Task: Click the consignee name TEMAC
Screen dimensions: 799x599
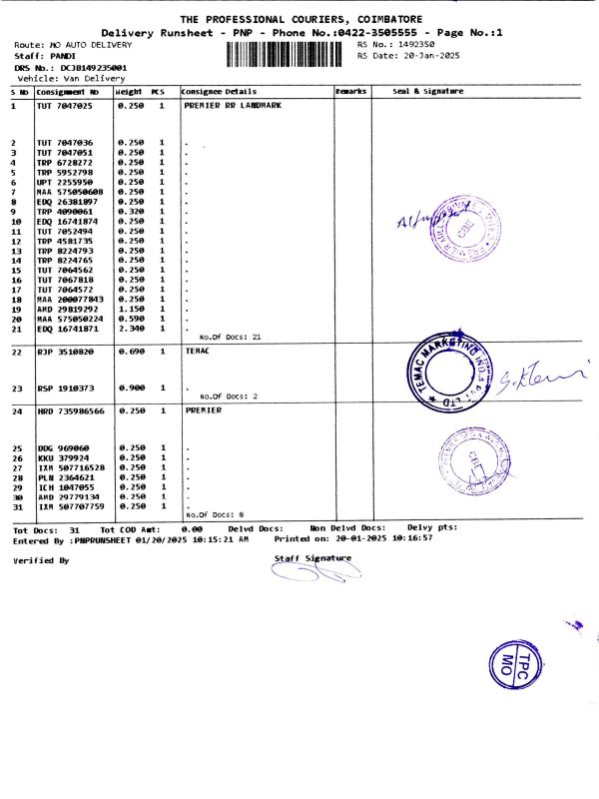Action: (200, 353)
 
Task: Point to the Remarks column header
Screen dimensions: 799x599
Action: (351, 92)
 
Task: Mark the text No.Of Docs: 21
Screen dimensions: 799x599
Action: (231, 338)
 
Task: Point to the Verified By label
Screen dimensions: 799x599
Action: (41, 560)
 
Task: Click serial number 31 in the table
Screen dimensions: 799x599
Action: (16, 506)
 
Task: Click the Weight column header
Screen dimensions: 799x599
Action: (129, 92)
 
